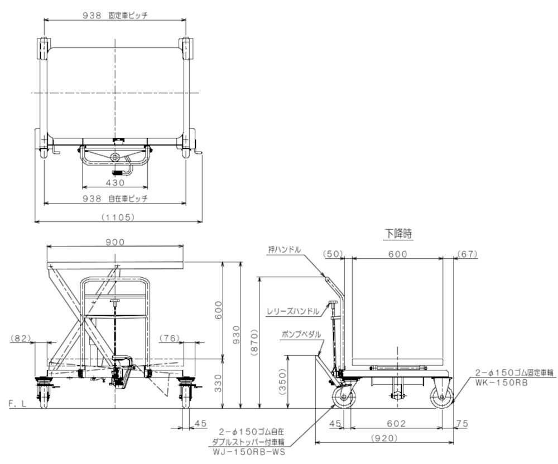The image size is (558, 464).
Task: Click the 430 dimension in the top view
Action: [x=116, y=182]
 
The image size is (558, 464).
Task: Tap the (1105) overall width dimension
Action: [x=118, y=217]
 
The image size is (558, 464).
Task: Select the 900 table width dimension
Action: [x=116, y=242]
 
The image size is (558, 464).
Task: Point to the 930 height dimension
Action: [x=236, y=335]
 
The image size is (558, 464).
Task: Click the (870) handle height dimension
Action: [x=254, y=342]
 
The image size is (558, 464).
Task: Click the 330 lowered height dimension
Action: [x=218, y=383]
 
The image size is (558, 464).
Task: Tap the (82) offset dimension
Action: [x=21, y=338]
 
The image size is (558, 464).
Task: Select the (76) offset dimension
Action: [x=170, y=338]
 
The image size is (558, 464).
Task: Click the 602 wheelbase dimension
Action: [x=396, y=423]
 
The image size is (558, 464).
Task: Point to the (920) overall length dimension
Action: [x=384, y=438]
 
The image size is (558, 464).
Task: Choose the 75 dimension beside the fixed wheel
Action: [x=462, y=423]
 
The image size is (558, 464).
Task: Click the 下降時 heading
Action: [x=398, y=234]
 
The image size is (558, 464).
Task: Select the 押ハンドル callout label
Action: [x=285, y=250]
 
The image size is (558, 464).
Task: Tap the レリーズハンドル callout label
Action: [x=293, y=311]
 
